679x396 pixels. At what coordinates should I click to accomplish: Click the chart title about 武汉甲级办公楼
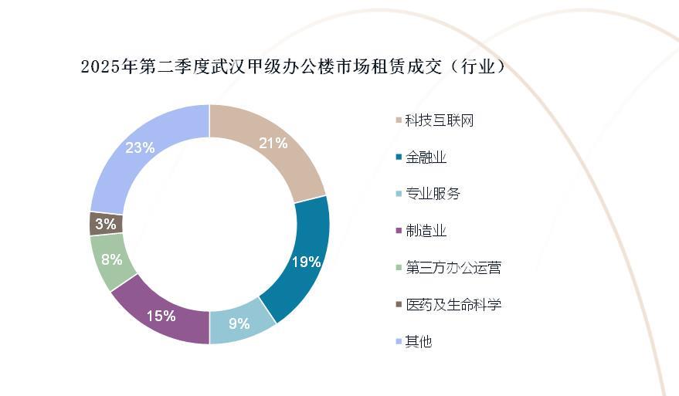(x=294, y=67)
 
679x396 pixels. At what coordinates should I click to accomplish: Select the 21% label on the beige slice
(x=273, y=143)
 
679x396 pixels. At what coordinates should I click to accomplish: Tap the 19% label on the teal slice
(x=306, y=262)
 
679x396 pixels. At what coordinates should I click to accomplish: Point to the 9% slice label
(x=239, y=323)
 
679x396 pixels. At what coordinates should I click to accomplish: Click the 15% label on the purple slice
(x=161, y=316)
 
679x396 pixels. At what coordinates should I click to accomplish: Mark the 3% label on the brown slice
(x=106, y=225)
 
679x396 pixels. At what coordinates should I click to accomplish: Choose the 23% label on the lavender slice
(x=141, y=147)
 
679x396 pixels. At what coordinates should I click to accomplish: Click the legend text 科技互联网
(x=439, y=120)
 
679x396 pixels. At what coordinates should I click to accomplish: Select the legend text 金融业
(x=426, y=157)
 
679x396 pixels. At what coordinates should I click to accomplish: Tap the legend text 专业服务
(x=433, y=194)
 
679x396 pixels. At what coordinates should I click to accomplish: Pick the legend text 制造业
(x=426, y=231)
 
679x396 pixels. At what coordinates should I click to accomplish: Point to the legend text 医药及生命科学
(x=453, y=304)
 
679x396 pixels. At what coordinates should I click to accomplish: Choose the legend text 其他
(x=419, y=341)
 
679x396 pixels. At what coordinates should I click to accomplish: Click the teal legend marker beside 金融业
(x=399, y=157)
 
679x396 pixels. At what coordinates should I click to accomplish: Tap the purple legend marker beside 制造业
(x=399, y=231)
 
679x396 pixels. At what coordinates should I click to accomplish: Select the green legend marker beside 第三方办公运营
(x=399, y=268)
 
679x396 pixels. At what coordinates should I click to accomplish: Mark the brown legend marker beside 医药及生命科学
(x=399, y=304)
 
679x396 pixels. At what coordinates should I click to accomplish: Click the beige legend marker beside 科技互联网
(x=399, y=120)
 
